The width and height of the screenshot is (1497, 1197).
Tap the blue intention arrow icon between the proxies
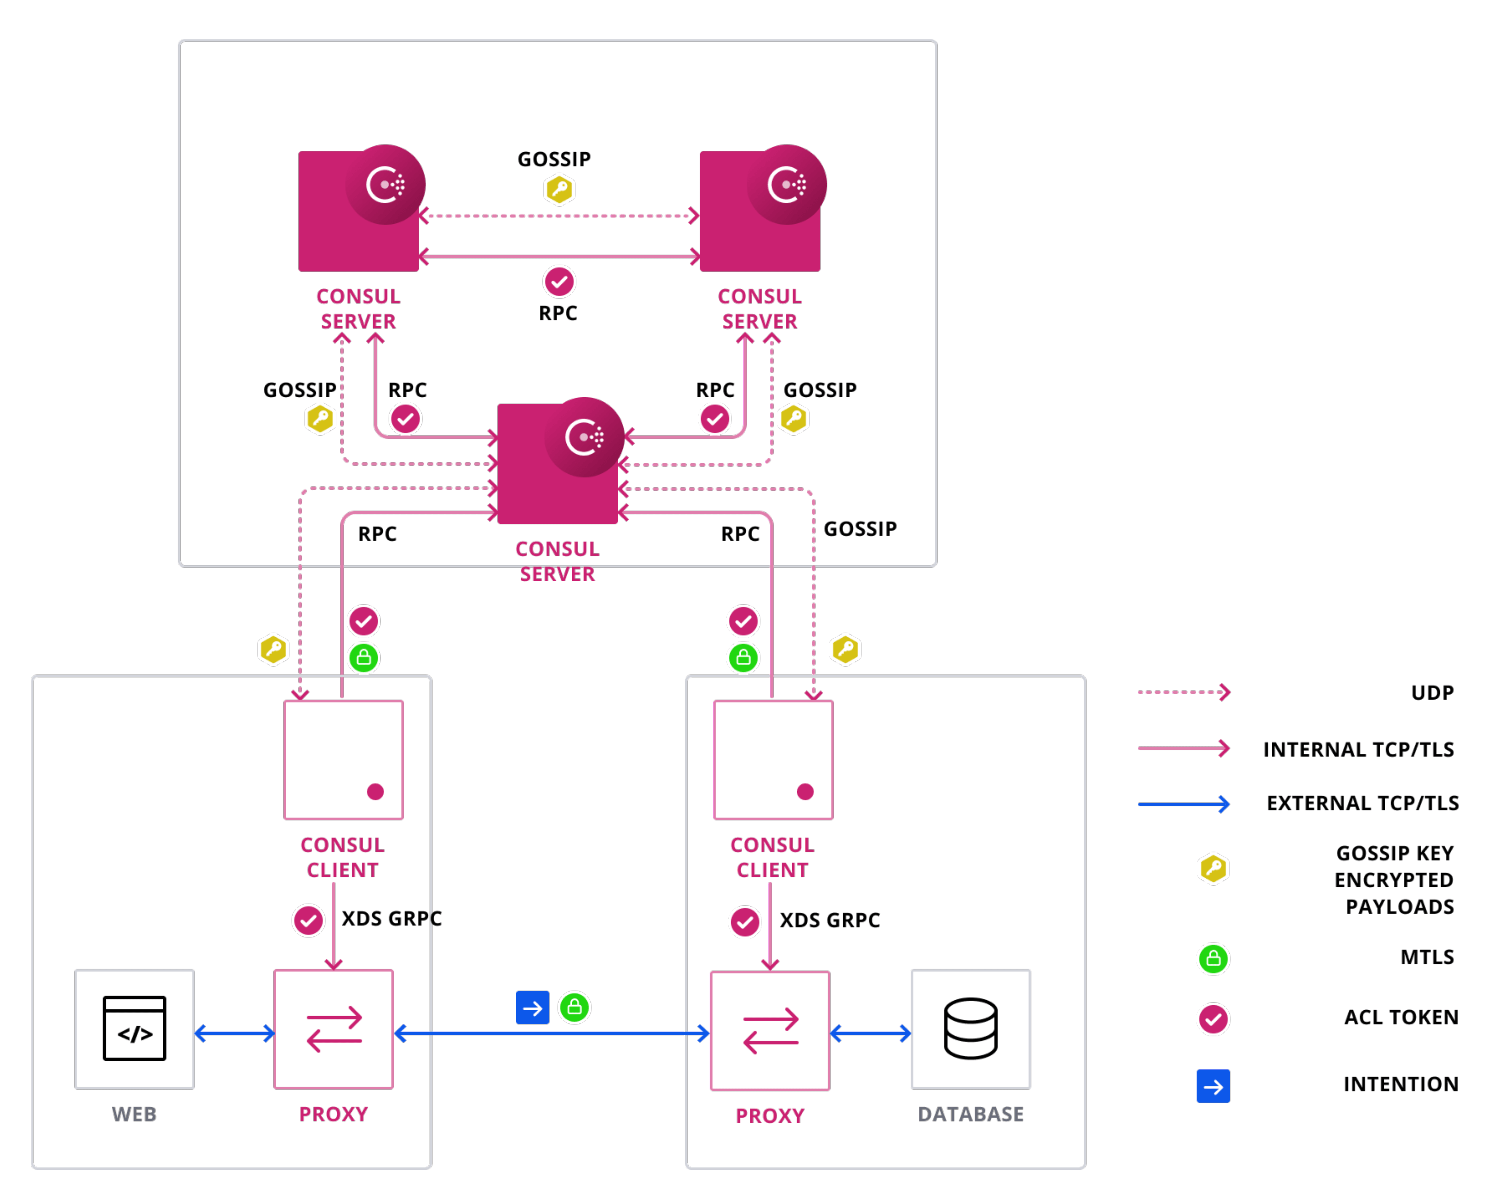click(x=532, y=1007)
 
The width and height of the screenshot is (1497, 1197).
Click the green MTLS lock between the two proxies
click(x=574, y=1007)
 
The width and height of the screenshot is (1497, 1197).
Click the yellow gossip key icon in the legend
click(x=1213, y=869)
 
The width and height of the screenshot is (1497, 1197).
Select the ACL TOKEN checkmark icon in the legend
click(x=1213, y=1019)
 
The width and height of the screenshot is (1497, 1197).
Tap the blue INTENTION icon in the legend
click(x=1213, y=1086)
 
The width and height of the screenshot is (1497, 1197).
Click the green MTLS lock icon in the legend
click(x=1213, y=959)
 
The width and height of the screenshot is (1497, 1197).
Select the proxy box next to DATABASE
click(x=770, y=1030)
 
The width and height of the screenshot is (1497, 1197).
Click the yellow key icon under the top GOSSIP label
click(x=559, y=189)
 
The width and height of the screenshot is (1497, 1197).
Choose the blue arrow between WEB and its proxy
click(x=235, y=1034)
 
